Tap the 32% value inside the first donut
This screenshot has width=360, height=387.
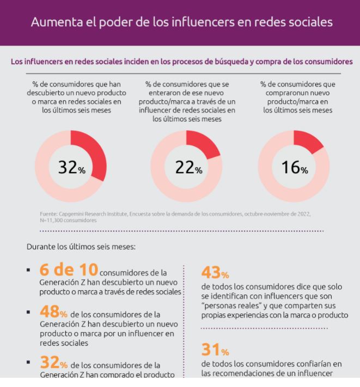tap(72, 168)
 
